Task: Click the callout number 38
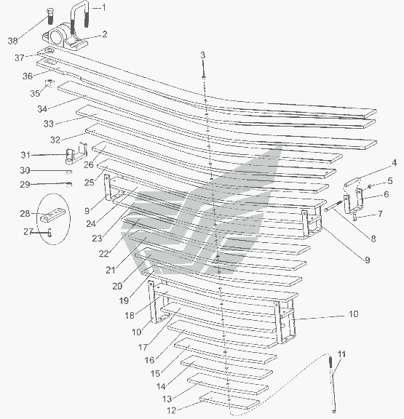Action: click(x=12, y=41)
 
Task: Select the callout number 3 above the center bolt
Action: click(x=202, y=55)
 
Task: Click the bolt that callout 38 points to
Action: click(x=50, y=16)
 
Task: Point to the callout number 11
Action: click(x=341, y=354)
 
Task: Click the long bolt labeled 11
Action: click(x=333, y=384)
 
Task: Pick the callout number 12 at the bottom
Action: click(x=171, y=410)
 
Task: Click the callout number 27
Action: click(x=28, y=231)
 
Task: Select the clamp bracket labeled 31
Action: click(x=76, y=154)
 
